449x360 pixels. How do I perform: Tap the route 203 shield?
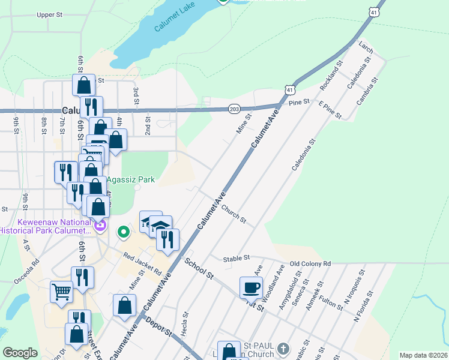point(234,109)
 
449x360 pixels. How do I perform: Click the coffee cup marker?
point(251,286)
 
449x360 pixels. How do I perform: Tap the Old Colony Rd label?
point(310,263)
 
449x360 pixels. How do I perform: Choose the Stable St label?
point(236,259)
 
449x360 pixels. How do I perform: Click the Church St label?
point(234,214)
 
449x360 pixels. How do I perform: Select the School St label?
point(199,268)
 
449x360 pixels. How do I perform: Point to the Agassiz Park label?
point(130,179)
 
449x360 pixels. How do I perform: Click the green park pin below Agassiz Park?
point(124,231)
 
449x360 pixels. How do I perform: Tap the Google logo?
point(20,353)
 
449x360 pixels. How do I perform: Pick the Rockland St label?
point(331,76)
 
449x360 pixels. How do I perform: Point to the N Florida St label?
point(364,307)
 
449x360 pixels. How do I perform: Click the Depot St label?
point(159,327)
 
